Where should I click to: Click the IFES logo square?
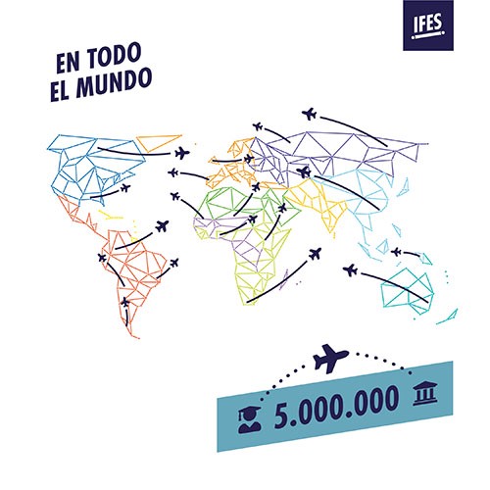tap(428, 25)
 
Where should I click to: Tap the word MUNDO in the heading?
tap(114, 83)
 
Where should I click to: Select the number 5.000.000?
tap(336, 406)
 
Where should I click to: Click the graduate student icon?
tap(250, 419)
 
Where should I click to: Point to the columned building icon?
tap(424, 394)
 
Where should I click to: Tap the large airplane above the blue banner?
tap(330, 358)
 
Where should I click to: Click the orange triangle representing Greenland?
tap(159, 142)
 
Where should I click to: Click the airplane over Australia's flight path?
tap(351, 270)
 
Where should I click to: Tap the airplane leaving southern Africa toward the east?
tap(315, 254)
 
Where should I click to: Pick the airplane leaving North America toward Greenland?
tap(182, 153)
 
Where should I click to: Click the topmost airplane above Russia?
tap(309, 114)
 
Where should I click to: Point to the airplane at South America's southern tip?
tap(125, 302)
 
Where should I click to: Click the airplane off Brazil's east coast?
tap(174, 263)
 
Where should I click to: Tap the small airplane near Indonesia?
tap(396, 252)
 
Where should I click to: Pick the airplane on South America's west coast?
tap(102, 258)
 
